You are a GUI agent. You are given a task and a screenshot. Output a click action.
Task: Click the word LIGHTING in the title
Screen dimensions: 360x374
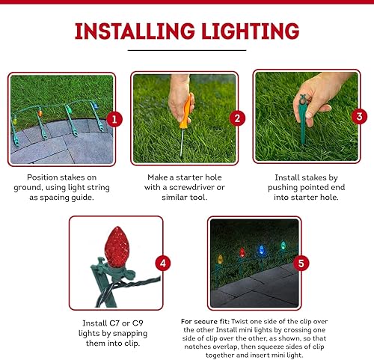pyautogui.click(x=250, y=31)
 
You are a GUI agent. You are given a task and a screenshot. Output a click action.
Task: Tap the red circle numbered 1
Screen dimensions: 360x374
pyautogui.click(x=114, y=119)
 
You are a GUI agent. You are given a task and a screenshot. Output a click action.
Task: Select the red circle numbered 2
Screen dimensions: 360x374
pyautogui.click(x=236, y=118)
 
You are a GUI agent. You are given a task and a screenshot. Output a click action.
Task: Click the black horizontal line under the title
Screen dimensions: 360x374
pyautogui.click(x=186, y=50)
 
